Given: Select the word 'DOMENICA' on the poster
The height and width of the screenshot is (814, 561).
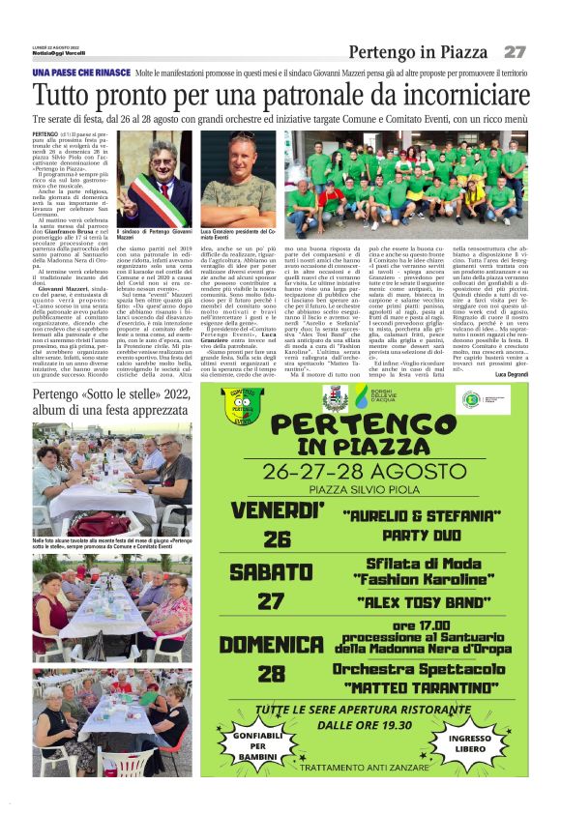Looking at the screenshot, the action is point(272,643).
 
